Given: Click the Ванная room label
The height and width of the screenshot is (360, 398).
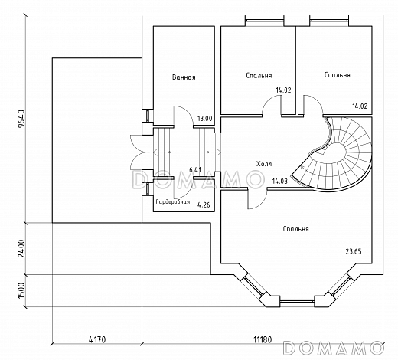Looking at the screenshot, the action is [184, 77].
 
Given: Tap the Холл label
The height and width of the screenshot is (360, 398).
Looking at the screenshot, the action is [264, 164].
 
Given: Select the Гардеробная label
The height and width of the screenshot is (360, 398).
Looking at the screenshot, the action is [173, 201].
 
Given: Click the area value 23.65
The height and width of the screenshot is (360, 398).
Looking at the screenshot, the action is [354, 251].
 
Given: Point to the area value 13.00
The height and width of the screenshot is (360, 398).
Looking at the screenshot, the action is [205, 119].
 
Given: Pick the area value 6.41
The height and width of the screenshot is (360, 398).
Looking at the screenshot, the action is [195, 169].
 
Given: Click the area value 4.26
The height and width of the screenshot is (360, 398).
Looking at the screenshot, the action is [204, 205].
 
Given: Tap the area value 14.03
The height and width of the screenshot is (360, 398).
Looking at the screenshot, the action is [279, 182].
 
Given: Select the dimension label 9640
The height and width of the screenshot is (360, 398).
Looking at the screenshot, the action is [21, 118].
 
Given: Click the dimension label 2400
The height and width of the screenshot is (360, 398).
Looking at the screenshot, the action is [21, 248].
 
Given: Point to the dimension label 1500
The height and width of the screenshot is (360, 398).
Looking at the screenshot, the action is [21, 290].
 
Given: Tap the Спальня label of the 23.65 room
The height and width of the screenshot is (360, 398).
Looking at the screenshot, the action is [296, 229].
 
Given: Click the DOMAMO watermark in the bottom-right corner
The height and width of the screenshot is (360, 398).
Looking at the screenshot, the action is [334, 348].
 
